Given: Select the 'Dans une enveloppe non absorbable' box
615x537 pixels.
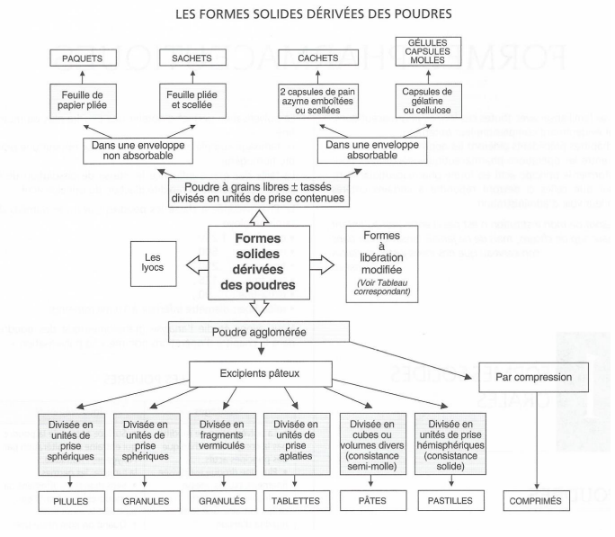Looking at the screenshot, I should click(x=140, y=149).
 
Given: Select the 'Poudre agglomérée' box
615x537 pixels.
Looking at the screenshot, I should click(x=259, y=332).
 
